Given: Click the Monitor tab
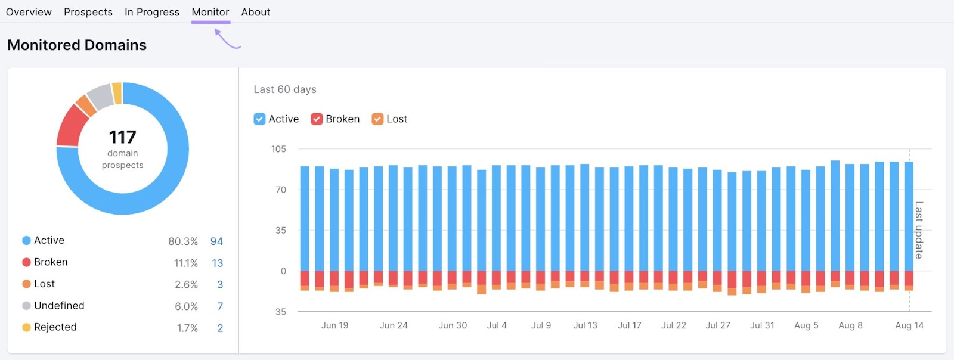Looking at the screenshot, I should (210, 12).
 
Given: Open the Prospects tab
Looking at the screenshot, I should (88, 12).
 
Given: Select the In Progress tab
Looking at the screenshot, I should (151, 12).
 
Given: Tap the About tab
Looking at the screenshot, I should (255, 12).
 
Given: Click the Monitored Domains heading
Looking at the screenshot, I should (77, 45).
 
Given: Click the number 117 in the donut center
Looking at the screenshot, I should (122, 137).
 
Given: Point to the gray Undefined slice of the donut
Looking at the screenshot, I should (101, 96).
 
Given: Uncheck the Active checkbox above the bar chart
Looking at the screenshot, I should (259, 119).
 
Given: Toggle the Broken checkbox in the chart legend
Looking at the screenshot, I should (317, 119).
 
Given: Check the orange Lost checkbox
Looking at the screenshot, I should (377, 119).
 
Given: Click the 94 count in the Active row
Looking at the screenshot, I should (216, 241).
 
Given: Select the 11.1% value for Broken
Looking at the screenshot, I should (185, 263).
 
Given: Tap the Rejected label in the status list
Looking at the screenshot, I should (55, 327).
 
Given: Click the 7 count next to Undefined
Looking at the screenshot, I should (220, 306).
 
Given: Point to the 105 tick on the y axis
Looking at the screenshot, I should (278, 149).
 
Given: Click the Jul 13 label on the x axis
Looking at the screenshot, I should (585, 325).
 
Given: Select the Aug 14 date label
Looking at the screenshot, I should (909, 325).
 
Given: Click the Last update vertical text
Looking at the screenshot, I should (919, 230).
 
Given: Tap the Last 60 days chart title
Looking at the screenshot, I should (285, 89).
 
